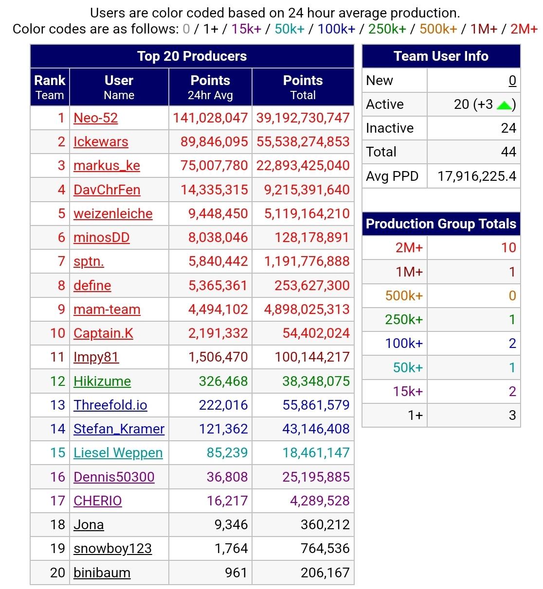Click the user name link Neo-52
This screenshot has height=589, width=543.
95,118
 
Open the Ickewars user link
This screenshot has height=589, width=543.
101,142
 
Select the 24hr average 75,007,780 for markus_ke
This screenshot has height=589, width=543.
214,166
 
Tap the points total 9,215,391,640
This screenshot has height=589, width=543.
307,190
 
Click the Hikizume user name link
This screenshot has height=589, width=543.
102,381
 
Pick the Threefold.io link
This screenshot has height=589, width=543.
110,405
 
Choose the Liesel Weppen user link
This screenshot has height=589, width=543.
118,453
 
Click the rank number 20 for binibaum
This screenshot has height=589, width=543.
57,573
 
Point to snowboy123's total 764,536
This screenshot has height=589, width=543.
325,549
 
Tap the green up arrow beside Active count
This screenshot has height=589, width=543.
504,105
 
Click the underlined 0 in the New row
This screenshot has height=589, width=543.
512,81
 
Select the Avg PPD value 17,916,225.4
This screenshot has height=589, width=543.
476,176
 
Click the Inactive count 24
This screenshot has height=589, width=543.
508,128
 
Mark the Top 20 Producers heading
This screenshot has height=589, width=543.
192,56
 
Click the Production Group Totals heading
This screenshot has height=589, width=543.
441,224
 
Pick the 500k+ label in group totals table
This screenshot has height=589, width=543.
404,296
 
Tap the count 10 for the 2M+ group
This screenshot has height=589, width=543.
508,248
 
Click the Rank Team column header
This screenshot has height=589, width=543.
50,87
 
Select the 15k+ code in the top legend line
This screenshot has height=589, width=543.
246,29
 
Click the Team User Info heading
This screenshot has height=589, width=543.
441,56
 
